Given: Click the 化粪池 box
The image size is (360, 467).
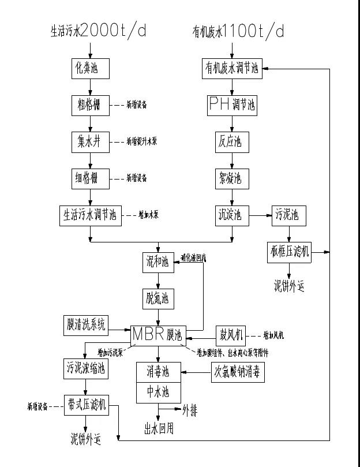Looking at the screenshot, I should click(x=89, y=68).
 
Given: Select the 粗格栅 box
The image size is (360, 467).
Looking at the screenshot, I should click(x=89, y=104).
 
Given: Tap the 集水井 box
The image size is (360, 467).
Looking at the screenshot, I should click(x=89, y=141).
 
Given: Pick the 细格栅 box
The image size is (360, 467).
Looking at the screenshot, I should click(x=89, y=178).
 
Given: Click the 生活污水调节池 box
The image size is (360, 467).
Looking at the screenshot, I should click(x=89, y=215).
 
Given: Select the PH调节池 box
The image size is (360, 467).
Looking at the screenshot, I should click(x=232, y=105).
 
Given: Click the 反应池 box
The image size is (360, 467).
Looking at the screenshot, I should click(x=232, y=142).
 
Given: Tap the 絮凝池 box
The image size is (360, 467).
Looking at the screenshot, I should click(x=232, y=178).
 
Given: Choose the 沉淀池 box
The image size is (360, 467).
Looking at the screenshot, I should click(x=232, y=216).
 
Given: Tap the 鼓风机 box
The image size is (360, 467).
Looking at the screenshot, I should click(x=231, y=334).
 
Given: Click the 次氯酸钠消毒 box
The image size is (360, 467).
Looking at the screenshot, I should click(x=237, y=372).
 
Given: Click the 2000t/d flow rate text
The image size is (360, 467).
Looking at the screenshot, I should click(x=114, y=31).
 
